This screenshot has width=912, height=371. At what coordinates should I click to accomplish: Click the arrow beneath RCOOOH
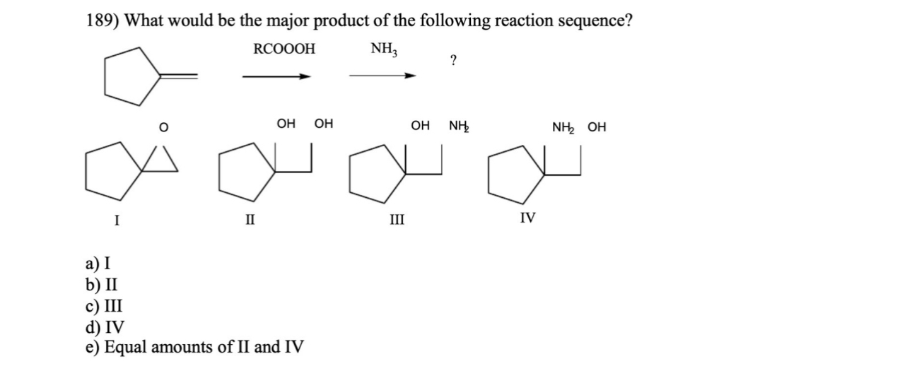point(276,77)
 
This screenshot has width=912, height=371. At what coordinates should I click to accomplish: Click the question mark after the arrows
point(452,61)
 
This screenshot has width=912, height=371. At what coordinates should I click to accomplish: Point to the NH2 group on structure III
point(460,127)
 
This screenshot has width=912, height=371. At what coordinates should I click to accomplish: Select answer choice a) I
point(98,265)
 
